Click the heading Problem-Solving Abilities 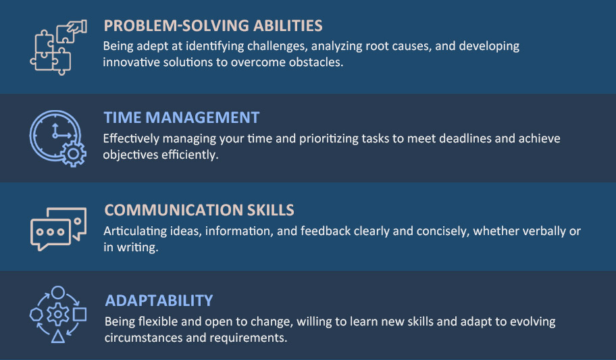click(213, 26)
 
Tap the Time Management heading click(182, 118)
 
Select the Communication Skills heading click(199, 210)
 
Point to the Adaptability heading click(159, 301)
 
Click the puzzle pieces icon click(58, 47)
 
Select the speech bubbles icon click(58, 229)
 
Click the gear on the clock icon click(73, 154)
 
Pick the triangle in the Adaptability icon click(58, 336)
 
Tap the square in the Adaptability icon click(80, 315)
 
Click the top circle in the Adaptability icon click(58, 292)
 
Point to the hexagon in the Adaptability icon click(36, 315)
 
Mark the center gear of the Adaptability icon click(58, 315)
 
